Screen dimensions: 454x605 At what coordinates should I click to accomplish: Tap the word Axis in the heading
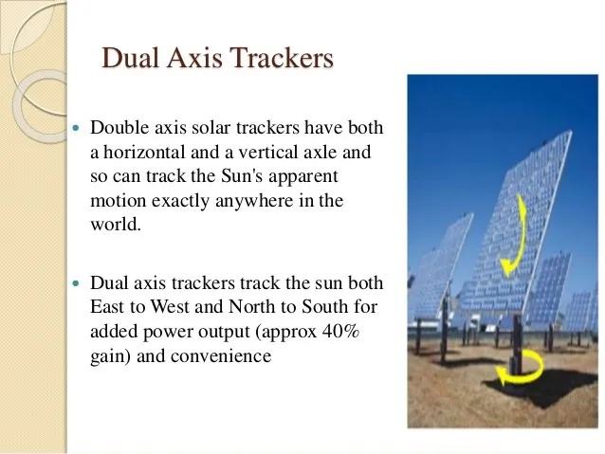point(194,59)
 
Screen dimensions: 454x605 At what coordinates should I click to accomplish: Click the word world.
point(114,226)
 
